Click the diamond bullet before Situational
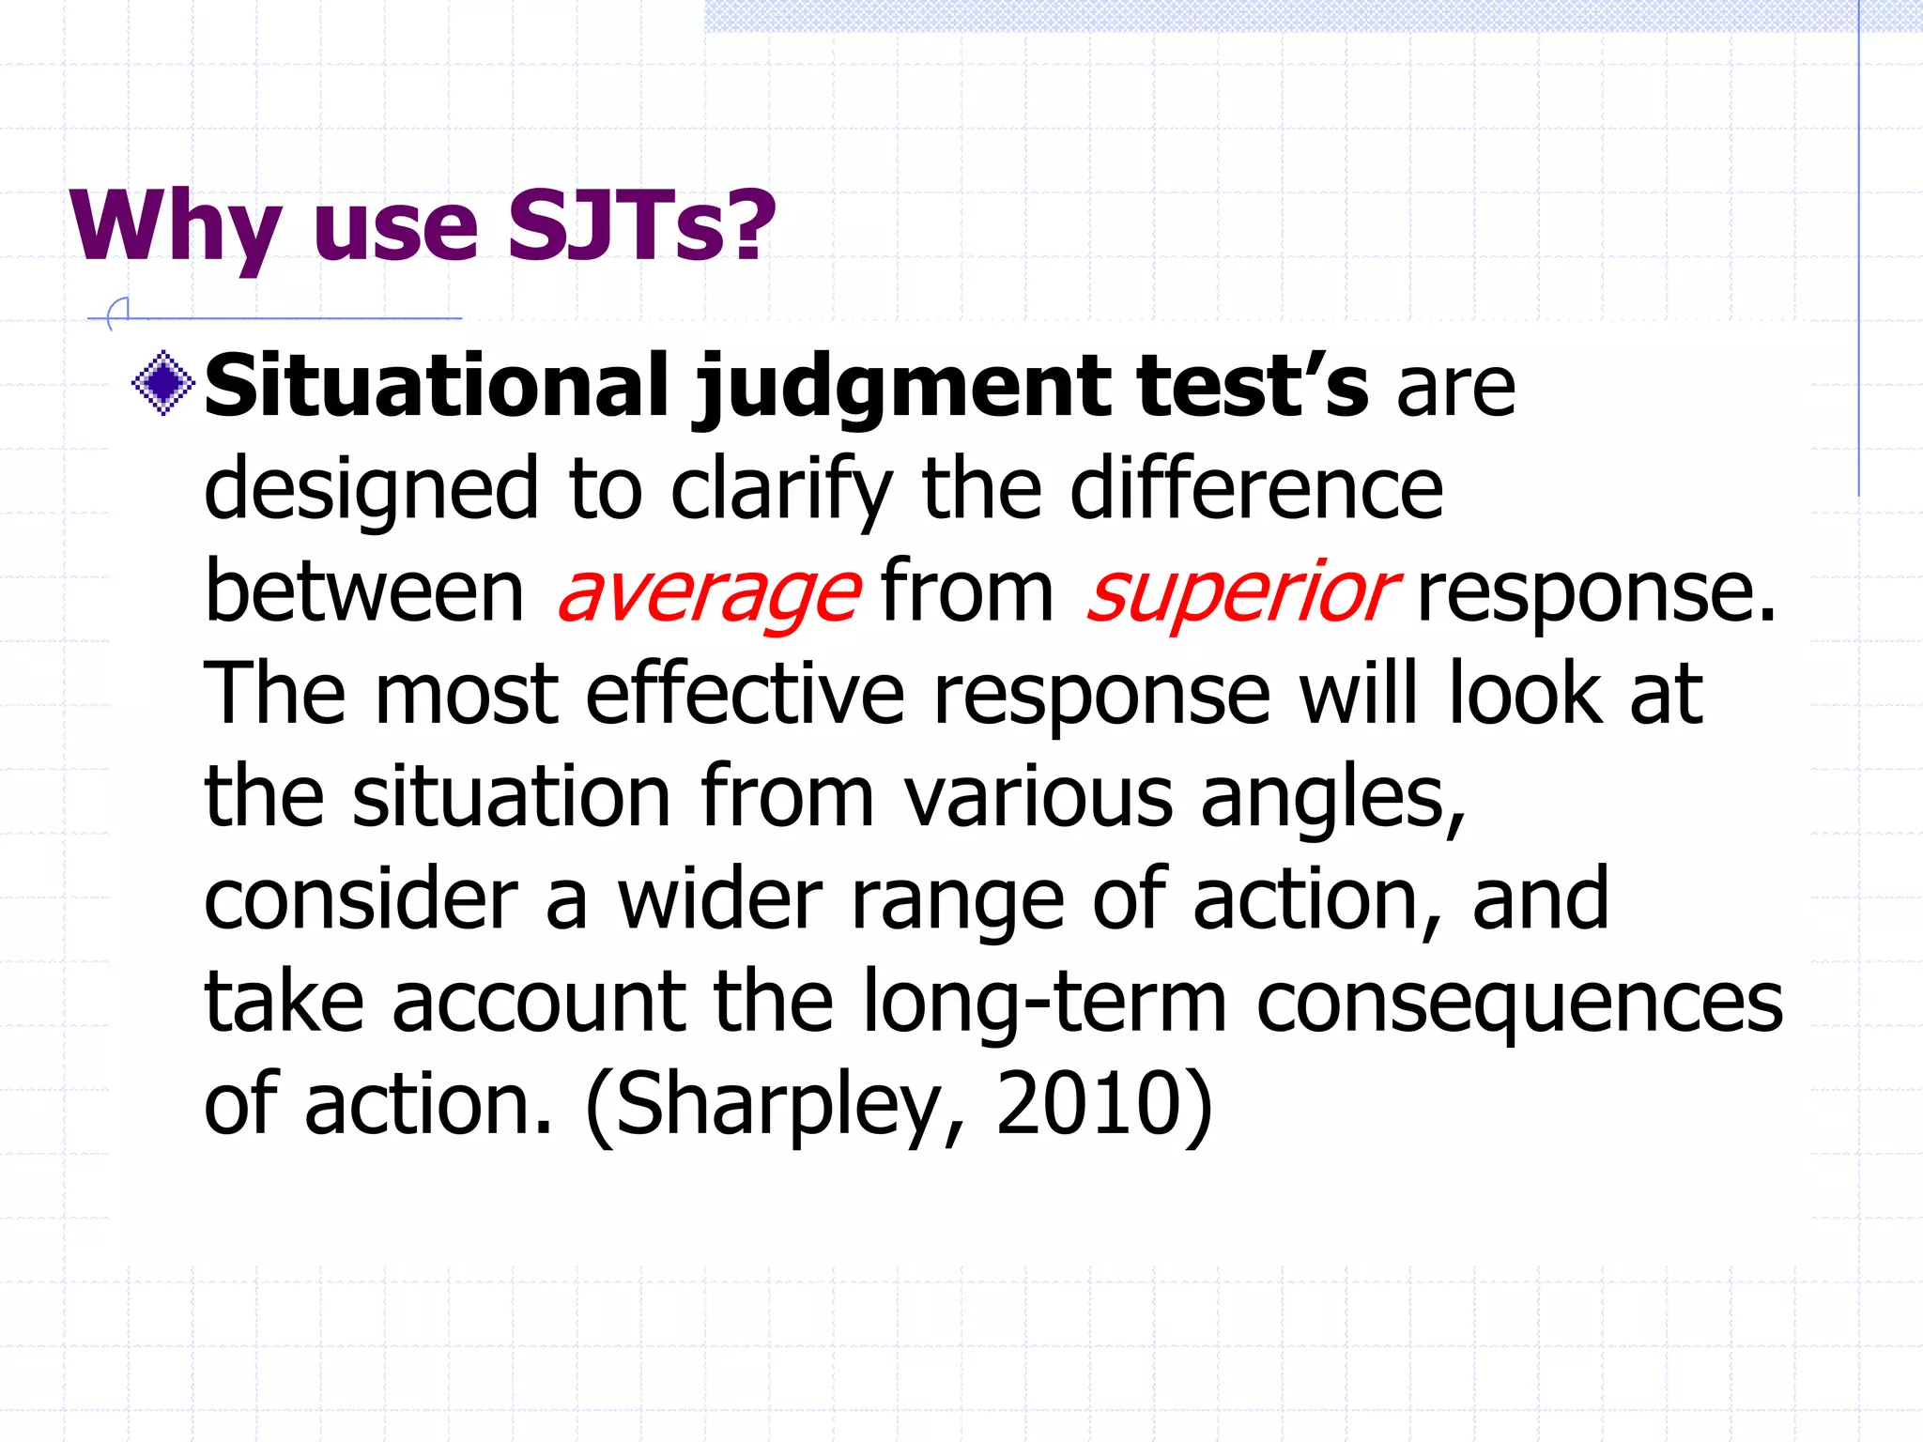(x=163, y=382)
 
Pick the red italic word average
(x=709, y=592)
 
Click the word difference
(x=1256, y=489)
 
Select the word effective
(x=746, y=695)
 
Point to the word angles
(x=1332, y=797)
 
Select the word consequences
(x=1519, y=1002)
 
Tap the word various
(x=1038, y=797)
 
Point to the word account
(x=539, y=1002)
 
